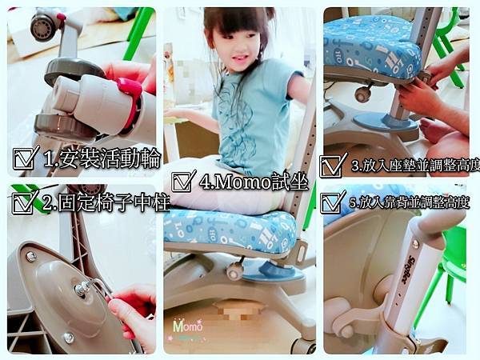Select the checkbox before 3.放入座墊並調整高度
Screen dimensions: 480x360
331,166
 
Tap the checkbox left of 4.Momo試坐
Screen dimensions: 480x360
182,182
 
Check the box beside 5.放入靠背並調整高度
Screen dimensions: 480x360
332,202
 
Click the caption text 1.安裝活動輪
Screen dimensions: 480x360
102,158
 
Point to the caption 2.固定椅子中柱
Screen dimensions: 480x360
106,202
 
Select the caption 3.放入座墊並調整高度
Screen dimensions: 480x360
415,166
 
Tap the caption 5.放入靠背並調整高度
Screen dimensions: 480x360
410,202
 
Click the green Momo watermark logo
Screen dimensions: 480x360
188,326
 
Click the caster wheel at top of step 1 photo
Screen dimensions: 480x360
44,27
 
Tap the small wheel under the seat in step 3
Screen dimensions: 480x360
362,95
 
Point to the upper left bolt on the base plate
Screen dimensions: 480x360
31,256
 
